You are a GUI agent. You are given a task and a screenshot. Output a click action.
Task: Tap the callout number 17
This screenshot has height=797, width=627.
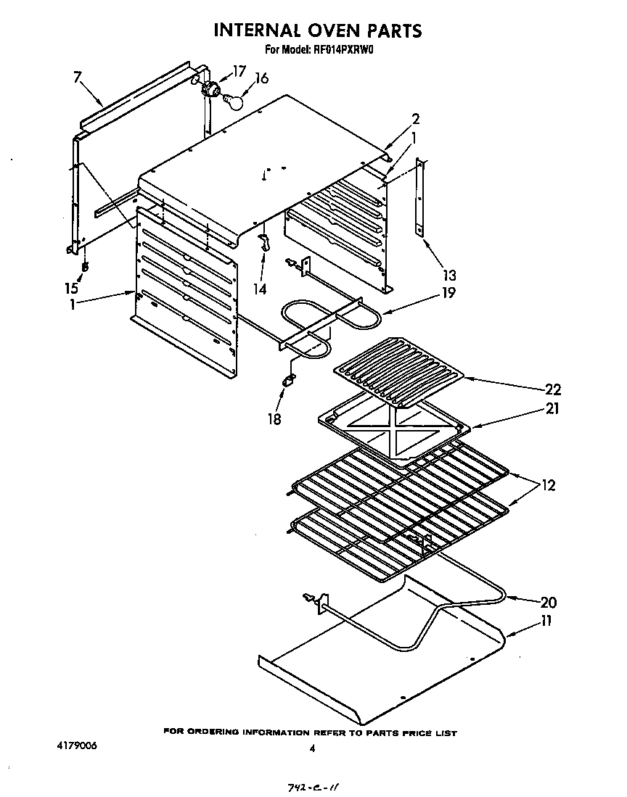[239, 71]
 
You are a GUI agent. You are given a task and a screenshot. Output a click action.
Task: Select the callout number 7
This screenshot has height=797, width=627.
[77, 78]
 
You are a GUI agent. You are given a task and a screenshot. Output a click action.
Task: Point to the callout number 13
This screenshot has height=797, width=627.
[449, 275]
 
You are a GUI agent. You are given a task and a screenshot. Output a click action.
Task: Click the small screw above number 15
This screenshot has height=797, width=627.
[86, 267]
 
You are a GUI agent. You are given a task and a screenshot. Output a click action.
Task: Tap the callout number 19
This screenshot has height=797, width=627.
[450, 293]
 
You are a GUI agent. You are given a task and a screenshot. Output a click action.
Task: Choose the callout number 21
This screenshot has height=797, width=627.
[552, 408]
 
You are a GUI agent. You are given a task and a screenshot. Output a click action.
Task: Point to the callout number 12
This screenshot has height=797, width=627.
[549, 485]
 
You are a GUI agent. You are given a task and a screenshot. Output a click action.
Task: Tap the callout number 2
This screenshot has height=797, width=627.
[416, 119]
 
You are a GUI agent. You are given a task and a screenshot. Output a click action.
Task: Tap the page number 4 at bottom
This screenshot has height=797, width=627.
[312, 750]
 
